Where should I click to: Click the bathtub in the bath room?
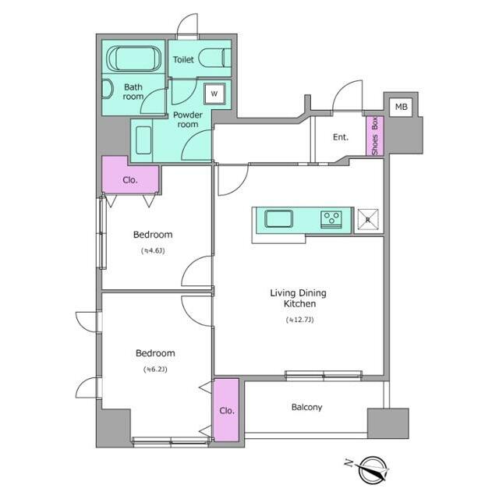click(x=133, y=59)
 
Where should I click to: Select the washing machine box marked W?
click(x=214, y=94)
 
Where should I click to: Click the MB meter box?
click(x=401, y=107)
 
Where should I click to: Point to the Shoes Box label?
click(x=375, y=136)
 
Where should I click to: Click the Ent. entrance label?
click(x=341, y=137)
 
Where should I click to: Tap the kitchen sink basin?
click(x=278, y=219)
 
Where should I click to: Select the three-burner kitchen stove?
click(x=331, y=219)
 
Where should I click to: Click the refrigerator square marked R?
click(x=368, y=219)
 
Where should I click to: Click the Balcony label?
click(x=306, y=407)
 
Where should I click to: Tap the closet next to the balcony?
click(x=226, y=410)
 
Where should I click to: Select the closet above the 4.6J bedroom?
click(x=130, y=175)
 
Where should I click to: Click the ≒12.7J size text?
click(x=299, y=320)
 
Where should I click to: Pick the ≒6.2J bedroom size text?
click(x=155, y=370)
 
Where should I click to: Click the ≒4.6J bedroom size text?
click(x=153, y=251)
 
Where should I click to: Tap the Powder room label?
click(x=188, y=119)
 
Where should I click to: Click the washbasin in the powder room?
click(x=143, y=140)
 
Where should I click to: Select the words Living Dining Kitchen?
click(x=299, y=298)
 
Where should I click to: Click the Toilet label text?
click(x=183, y=59)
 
